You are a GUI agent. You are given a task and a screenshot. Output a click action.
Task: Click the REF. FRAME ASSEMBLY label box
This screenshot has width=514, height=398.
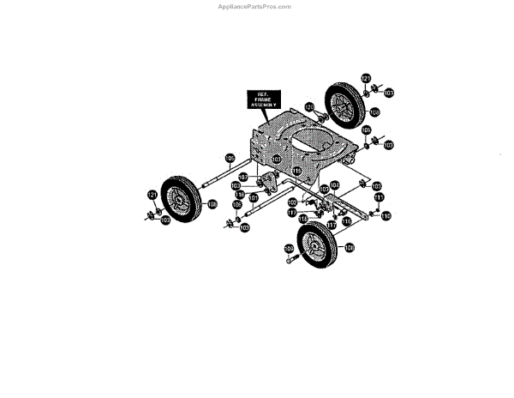pyautogui.click(x=260, y=99)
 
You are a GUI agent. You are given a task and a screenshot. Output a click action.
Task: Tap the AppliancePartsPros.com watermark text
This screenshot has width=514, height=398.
pyautogui.click(x=256, y=6)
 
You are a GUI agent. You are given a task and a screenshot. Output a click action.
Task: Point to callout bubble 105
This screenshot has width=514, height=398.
pyautogui.click(x=230, y=157)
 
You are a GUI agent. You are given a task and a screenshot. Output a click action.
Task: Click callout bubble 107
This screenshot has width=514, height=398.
pyautogui.click(x=242, y=177)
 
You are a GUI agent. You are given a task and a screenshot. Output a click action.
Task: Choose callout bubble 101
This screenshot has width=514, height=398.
pyautogui.click(x=254, y=198)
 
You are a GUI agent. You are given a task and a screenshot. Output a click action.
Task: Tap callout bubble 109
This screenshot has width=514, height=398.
pyautogui.click(x=289, y=249)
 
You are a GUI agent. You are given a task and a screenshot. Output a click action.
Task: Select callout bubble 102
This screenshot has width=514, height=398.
pyautogui.click(x=292, y=202)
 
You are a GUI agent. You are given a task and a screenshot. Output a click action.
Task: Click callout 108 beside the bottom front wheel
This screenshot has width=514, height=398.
pyautogui.click(x=349, y=247)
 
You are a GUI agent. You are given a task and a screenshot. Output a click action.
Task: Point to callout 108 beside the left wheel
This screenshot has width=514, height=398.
pyautogui.click(x=212, y=204)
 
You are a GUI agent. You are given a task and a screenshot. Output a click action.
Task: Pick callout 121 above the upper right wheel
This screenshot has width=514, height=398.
pyautogui.click(x=365, y=79)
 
